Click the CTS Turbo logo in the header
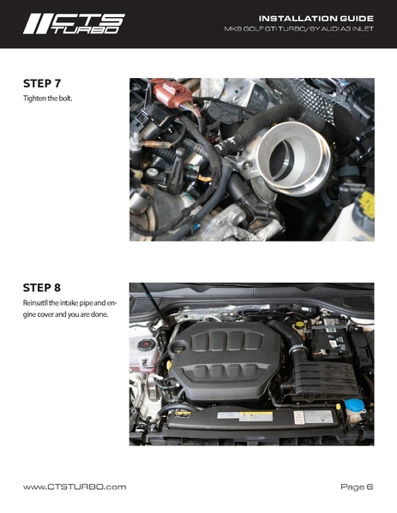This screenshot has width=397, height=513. [x=74, y=24]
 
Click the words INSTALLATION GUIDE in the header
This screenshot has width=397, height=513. [x=316, y=19]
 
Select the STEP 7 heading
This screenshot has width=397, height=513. [x=42, y=83]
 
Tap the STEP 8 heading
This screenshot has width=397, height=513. [x=42, y=288]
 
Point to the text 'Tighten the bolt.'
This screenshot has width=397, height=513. [x=47, y=98]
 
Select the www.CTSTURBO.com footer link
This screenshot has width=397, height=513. [x=75, y=486]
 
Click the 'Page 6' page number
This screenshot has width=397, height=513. [x=357, y=486]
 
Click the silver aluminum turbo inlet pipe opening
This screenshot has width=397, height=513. [x=294, y=158]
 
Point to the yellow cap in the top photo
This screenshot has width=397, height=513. [x=366, y=205]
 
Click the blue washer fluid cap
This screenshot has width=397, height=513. [x=354, y=406]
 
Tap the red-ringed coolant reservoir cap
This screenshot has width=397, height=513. [x=146, y=345]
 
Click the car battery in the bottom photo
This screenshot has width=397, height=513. [x=331, y=340]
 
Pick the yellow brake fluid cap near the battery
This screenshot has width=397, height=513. [x=299, y=325]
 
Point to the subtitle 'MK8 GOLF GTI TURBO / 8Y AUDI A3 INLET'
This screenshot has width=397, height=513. [x=298, y=29]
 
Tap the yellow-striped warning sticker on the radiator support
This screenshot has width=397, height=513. [x=256, y=416]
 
